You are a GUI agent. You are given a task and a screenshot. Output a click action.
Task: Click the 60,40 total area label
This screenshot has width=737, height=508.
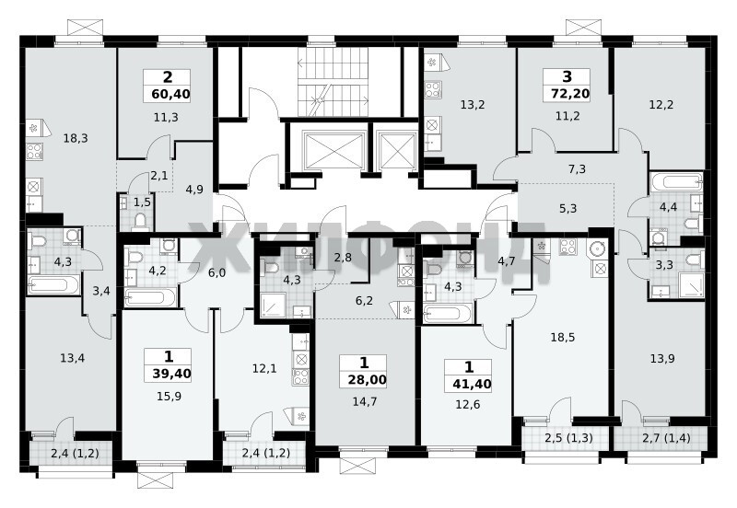click(x=170, y=95)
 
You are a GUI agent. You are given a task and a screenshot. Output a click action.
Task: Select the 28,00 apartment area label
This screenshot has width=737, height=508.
click(x=367, y=379)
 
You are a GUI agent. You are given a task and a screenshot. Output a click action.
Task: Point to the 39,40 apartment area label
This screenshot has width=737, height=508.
click(x=171, y=374)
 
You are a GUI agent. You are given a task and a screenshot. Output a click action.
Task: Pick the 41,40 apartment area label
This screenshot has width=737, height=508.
click(x=472, y=385)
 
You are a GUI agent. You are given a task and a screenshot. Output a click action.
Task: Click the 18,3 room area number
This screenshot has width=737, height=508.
click(x=76, y=138)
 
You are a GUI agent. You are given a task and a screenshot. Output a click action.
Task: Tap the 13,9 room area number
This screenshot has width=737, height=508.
click(x=662, y=359)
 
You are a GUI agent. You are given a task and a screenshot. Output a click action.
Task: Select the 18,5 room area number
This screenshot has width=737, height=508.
click(x=563, y=338)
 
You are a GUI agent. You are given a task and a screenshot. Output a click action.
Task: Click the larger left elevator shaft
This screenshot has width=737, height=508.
click(x=335, y=151)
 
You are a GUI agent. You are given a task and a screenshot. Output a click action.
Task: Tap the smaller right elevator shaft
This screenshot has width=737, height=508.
click(x=398, y=151)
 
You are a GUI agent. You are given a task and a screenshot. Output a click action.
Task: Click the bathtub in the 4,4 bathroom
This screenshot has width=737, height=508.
click(x=677, y=181)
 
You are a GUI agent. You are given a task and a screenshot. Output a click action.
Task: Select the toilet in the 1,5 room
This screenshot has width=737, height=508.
click(x=141, y=221)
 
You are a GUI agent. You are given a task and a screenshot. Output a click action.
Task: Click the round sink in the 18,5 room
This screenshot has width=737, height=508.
click(x=597, y=248)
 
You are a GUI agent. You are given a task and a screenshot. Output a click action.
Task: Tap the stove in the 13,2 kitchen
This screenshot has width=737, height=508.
click(x=433, y=89)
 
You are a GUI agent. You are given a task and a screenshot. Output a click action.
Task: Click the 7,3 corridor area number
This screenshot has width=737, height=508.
click(x=577, y=168)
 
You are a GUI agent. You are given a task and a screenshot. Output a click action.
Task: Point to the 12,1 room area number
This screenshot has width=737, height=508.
click(x=264, y=368)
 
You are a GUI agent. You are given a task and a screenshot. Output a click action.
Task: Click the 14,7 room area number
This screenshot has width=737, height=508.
click(x=365, y=401)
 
